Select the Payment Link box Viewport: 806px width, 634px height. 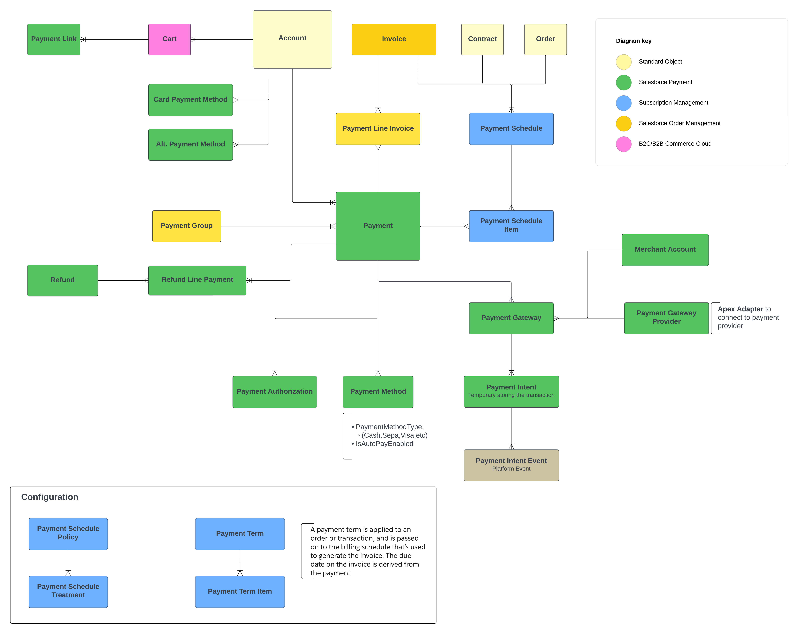click(54, 39)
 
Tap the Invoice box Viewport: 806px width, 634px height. click(394, 39)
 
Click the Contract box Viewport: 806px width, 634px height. click(482, 39)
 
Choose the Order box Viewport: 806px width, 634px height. click(545, 39)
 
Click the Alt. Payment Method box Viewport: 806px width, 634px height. click(190, 144)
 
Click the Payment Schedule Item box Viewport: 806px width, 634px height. click(511, 226)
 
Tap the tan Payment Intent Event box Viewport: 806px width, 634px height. click(511, 465)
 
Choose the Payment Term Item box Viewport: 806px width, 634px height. click(240, 591)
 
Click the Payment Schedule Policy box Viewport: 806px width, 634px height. click(68, 533)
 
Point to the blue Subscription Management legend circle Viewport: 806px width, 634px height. click(623, 103)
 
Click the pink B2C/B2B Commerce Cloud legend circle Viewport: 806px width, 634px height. click(623, 144)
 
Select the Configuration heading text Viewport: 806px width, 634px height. click(50, 497)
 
